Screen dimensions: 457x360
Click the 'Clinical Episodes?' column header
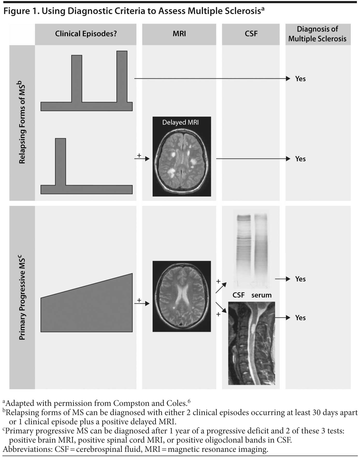pyautogui.click(x=86, y=34)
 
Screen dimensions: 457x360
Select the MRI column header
pyautogui.click(x=179, y=34)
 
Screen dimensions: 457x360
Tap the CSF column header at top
pyautogui.click(x=251, y=34)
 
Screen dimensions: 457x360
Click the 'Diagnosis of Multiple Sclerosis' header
pyautogui.click(x=317, y=34)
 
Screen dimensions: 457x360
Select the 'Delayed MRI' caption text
pyautogui.click(x=181, y=122)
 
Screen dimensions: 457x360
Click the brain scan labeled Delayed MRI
pyautogui.click(x=182, y=161)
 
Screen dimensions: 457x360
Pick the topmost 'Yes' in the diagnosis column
pyautogui.click(x=300, y=79)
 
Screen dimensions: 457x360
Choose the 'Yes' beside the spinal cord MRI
pyautogui.click(x=300, y=318)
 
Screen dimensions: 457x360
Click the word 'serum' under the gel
pyautogui.click(x=261, y=295)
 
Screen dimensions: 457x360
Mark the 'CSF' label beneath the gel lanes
pyautogui.click(x=239, y=295)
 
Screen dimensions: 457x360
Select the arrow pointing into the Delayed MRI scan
pyautogui.click(x=142, y=159)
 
